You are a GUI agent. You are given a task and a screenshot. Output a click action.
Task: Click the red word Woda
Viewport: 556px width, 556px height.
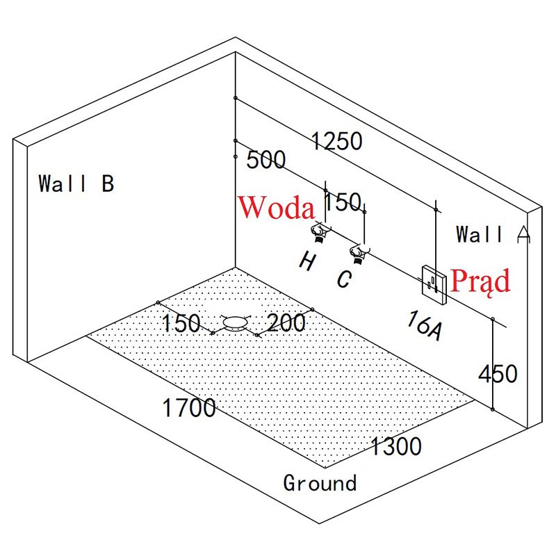pos(277,207)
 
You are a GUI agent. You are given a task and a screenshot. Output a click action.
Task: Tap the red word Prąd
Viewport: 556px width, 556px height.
pos(480,280)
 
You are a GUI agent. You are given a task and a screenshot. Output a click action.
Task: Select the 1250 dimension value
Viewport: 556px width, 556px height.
pos(337,141)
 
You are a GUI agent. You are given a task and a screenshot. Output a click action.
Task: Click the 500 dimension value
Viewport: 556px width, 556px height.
pos(266,160)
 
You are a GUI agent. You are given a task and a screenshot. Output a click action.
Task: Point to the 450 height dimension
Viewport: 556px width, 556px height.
pos(498,374)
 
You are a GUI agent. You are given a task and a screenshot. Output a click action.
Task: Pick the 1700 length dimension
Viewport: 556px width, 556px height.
pos(189,408)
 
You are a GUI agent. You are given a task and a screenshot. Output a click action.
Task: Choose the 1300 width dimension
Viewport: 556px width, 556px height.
pos(395,445)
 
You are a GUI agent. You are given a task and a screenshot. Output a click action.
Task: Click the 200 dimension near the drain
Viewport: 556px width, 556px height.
pos(286,322)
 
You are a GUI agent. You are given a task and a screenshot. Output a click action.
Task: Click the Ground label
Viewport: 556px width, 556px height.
pos(320,482)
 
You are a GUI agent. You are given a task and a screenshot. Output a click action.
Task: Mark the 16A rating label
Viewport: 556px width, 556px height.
pos(425,325)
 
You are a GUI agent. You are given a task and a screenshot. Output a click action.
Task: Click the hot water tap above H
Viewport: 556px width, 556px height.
pos(319,233)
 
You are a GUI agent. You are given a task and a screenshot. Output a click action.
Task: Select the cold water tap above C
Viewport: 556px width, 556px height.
pos(359,253)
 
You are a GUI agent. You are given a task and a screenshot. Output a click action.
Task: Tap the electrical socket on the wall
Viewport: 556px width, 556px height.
pos(434,284)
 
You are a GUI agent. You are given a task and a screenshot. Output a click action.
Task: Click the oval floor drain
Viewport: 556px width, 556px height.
pos(236,322)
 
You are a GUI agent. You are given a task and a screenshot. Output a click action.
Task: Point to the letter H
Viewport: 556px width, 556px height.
pos(306,261)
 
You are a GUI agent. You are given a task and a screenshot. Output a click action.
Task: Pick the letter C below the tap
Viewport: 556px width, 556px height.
pos(344,279)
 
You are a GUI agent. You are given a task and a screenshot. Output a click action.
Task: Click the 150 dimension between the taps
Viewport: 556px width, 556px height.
pos(343,202)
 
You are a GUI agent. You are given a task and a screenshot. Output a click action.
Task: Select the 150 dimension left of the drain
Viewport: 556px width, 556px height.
pos(181,323)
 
